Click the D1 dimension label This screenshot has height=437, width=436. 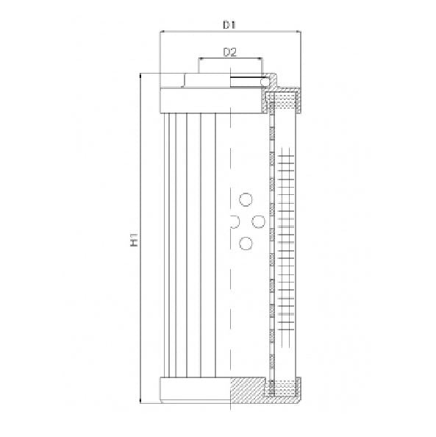point(229,25)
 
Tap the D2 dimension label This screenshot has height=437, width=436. point(229,51)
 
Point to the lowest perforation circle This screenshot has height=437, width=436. point(246,243)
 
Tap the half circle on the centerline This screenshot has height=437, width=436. point(233,221)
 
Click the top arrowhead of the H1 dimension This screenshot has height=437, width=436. point(140,76)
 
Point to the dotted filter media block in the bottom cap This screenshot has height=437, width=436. point(287,383)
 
